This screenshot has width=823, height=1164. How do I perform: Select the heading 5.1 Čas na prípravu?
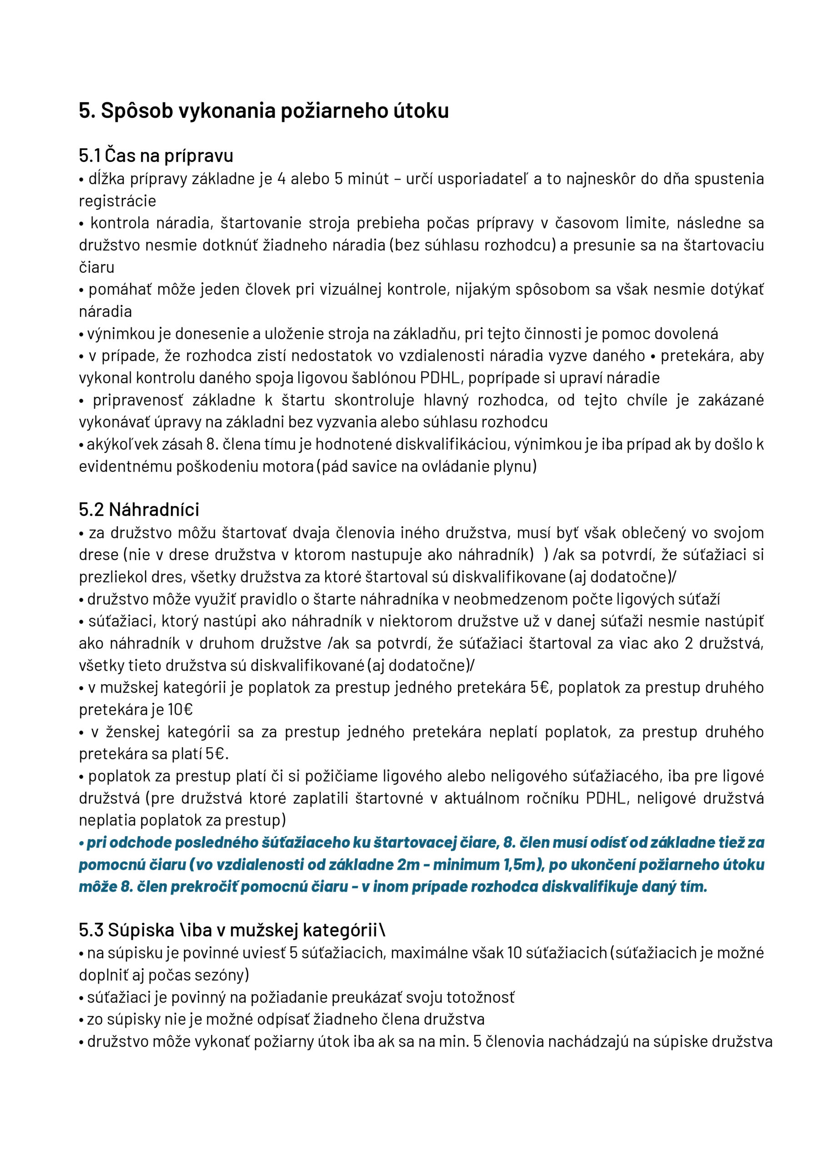coord(156,155)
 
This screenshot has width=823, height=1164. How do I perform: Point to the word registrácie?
coord(117,201)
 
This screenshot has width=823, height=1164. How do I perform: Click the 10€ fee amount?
coord(181,709)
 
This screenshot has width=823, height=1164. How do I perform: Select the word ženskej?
coord(133,732)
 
